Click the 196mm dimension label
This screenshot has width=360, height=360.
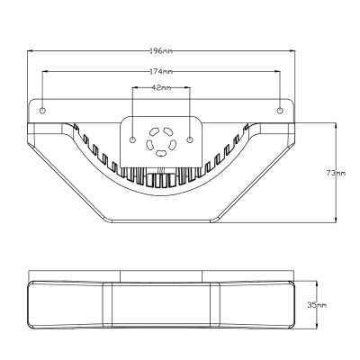tap(161, 51)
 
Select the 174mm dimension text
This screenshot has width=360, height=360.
tap(161, 71)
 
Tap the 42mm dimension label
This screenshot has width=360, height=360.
tap(161, 87)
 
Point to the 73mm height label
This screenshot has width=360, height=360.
tap(336, 173)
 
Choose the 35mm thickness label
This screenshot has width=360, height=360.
tap(317, 305)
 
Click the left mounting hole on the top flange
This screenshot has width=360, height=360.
tap(42, 111)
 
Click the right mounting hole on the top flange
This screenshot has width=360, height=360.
tap(280, 111)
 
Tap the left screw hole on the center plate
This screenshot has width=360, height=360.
tap(132, 139)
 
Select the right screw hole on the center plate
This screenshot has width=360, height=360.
tap(190, 139)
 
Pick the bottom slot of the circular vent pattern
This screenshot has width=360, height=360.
tap(161, 153)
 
